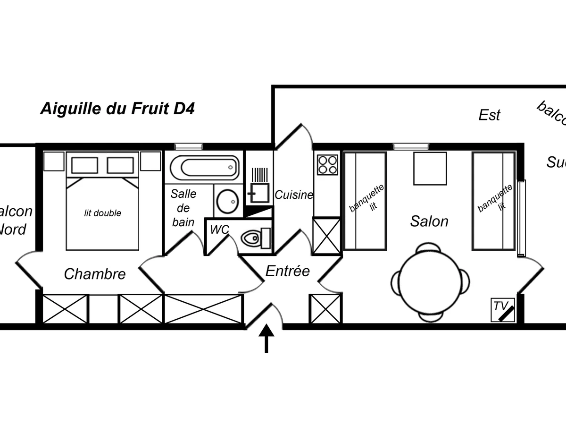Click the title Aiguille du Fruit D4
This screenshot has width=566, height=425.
(x=117, y=109)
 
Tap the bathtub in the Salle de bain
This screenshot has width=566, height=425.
(x=204, y=167)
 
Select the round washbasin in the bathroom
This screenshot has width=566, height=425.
(x=228, y=201)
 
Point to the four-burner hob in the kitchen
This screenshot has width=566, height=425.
(x=327, y=164)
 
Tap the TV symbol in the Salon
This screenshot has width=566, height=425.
(x=503, y=310)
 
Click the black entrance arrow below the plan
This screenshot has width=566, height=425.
(x=266, y=338)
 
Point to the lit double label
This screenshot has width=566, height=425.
(x=102, y=213)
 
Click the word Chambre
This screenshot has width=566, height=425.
(x=95, y=274)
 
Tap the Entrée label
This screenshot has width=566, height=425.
(x=288, y=271)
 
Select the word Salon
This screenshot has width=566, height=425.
(x=429, y=221)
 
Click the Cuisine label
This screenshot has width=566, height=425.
(x=294, y=195)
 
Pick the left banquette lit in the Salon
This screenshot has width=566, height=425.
(x=365, y=201)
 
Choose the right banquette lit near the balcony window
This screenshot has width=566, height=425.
(x=493, y=201)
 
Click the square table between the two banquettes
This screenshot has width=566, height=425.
(x=430, y=168)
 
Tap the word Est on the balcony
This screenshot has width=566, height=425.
(x=489, y=115)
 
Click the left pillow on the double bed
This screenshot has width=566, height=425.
(x=84, y=165)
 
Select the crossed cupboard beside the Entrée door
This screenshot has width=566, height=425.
(x=325, y=308)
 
